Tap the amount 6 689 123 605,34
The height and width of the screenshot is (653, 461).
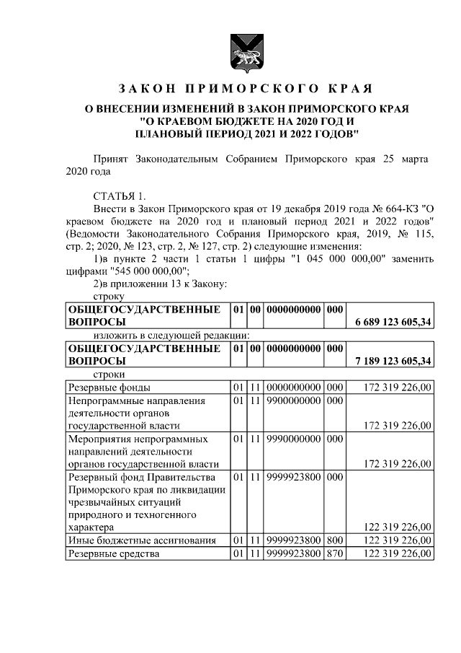(x=393, y=322)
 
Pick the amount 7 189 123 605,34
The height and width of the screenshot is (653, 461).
(x=393, y=361)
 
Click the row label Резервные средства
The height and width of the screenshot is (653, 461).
(x=112, y=553)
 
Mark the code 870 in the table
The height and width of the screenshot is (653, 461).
(x=334, y=553)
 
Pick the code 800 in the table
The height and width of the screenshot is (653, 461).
(x=334, y=540)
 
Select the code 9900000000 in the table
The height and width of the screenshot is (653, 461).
(x=294, y=400)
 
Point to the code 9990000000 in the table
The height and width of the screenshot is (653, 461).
(x=294, y=439)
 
